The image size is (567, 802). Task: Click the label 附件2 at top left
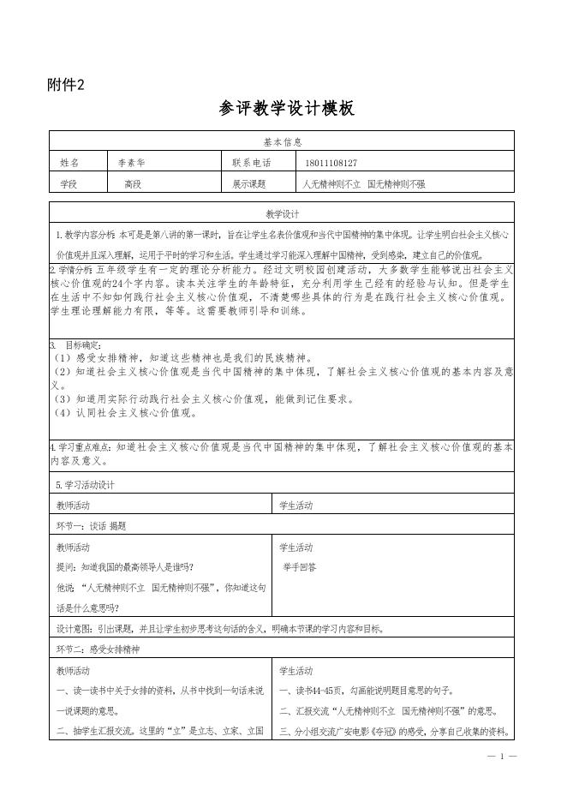click(x=66, y=84)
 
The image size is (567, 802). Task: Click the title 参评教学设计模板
click(x=286, y=109)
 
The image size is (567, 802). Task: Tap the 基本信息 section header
click(x=282, y=142)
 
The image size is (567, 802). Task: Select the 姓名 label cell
click(x=69, y=162)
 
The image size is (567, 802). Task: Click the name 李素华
click(x=132, y=162)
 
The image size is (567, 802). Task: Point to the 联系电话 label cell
click(x=251, y=162)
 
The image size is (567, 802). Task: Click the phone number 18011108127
click(x=331, y=162)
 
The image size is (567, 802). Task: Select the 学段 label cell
click(x=69, y=183)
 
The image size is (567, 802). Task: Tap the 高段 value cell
click(x=133, y=183)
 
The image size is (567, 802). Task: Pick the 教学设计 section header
click(x=282, y=213)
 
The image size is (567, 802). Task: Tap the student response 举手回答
click(x=300, y=567)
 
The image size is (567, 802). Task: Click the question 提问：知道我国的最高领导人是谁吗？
click(x=125, y=567)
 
